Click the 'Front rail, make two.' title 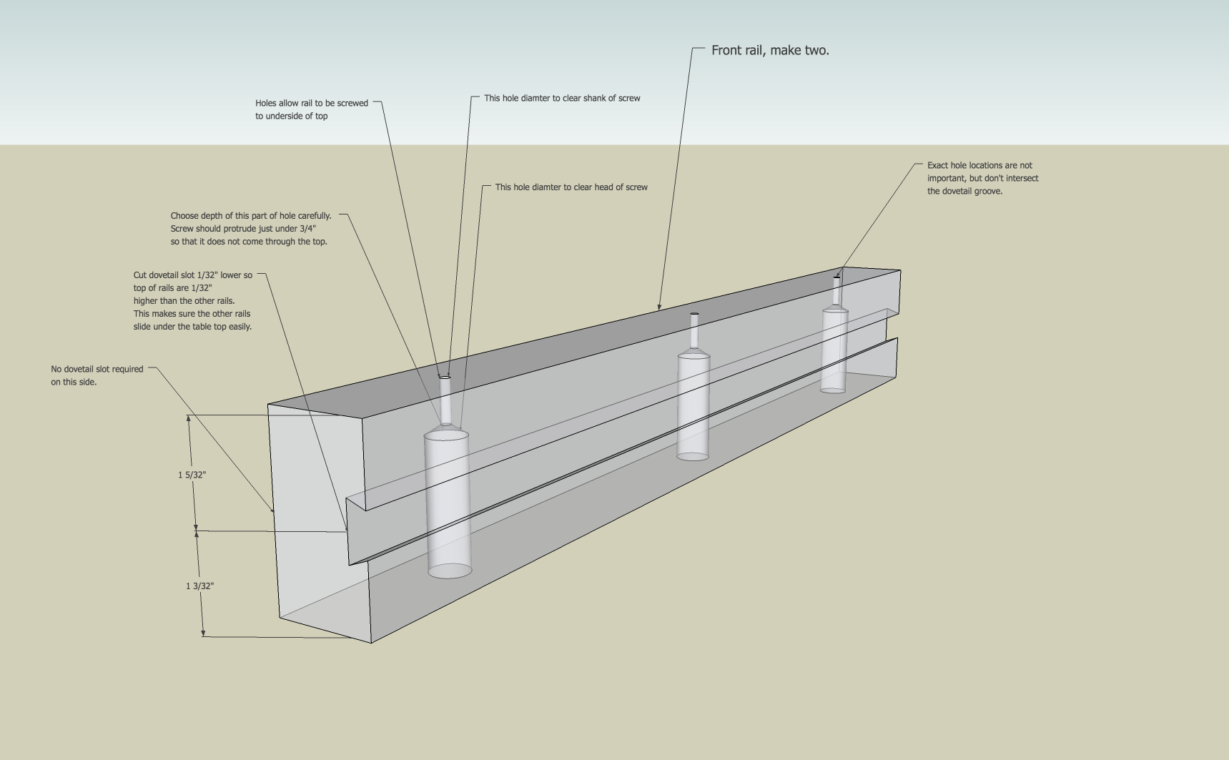[770, 50]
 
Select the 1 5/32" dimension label [192, 475]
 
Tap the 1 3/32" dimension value [200, 586]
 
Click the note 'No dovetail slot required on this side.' [97, 375]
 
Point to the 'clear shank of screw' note [562, 98]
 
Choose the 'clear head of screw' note [571, 187]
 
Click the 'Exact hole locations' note [983, 178]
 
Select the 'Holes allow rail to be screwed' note [312, 109]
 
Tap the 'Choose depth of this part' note [251, 229]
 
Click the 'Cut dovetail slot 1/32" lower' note [193, 301]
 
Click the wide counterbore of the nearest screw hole [448, 503]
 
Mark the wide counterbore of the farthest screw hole [834, 350]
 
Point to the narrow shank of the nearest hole [445, 401]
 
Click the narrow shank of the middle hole [694, 332]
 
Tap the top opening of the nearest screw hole [445, 377]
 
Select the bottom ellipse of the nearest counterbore [450, 571]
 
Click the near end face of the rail [318, 522]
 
